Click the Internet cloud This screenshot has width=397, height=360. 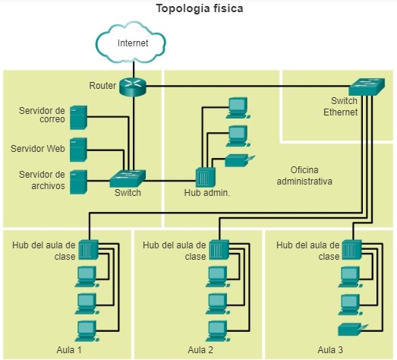click(x=131, y=43)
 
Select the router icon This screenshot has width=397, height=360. click(x=133, y=87)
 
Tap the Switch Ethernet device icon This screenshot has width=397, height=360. click(x=367, y=87)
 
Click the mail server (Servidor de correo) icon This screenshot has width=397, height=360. click(x=78, y=117)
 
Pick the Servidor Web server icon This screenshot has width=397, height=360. click(x=78, y=150)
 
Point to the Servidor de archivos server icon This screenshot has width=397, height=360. click(x=78, y=182)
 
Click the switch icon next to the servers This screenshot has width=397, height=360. click(x=128, y=178)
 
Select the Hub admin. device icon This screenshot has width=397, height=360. click(x=206, y=177)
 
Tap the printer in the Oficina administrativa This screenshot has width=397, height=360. click(x=240, y=160)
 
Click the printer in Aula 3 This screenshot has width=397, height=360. click(x=353, y=330)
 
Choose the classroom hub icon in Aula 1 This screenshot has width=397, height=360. click(x=88, y=250)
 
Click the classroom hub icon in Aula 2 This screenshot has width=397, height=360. click(x=219, y=250)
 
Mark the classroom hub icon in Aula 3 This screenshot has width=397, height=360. click(x=352, y=250)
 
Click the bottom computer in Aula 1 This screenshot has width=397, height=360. click(x=87, y=331)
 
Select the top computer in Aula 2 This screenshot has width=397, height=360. click(x=218, y=276)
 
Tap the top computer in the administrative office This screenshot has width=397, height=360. click(x=238, y=108)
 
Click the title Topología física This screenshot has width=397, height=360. click(x=200, y=8)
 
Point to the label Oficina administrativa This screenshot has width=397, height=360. click(x=304, y=175)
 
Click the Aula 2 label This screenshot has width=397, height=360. click(x=200, y=350)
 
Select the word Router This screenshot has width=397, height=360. click(x=102, y=86)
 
